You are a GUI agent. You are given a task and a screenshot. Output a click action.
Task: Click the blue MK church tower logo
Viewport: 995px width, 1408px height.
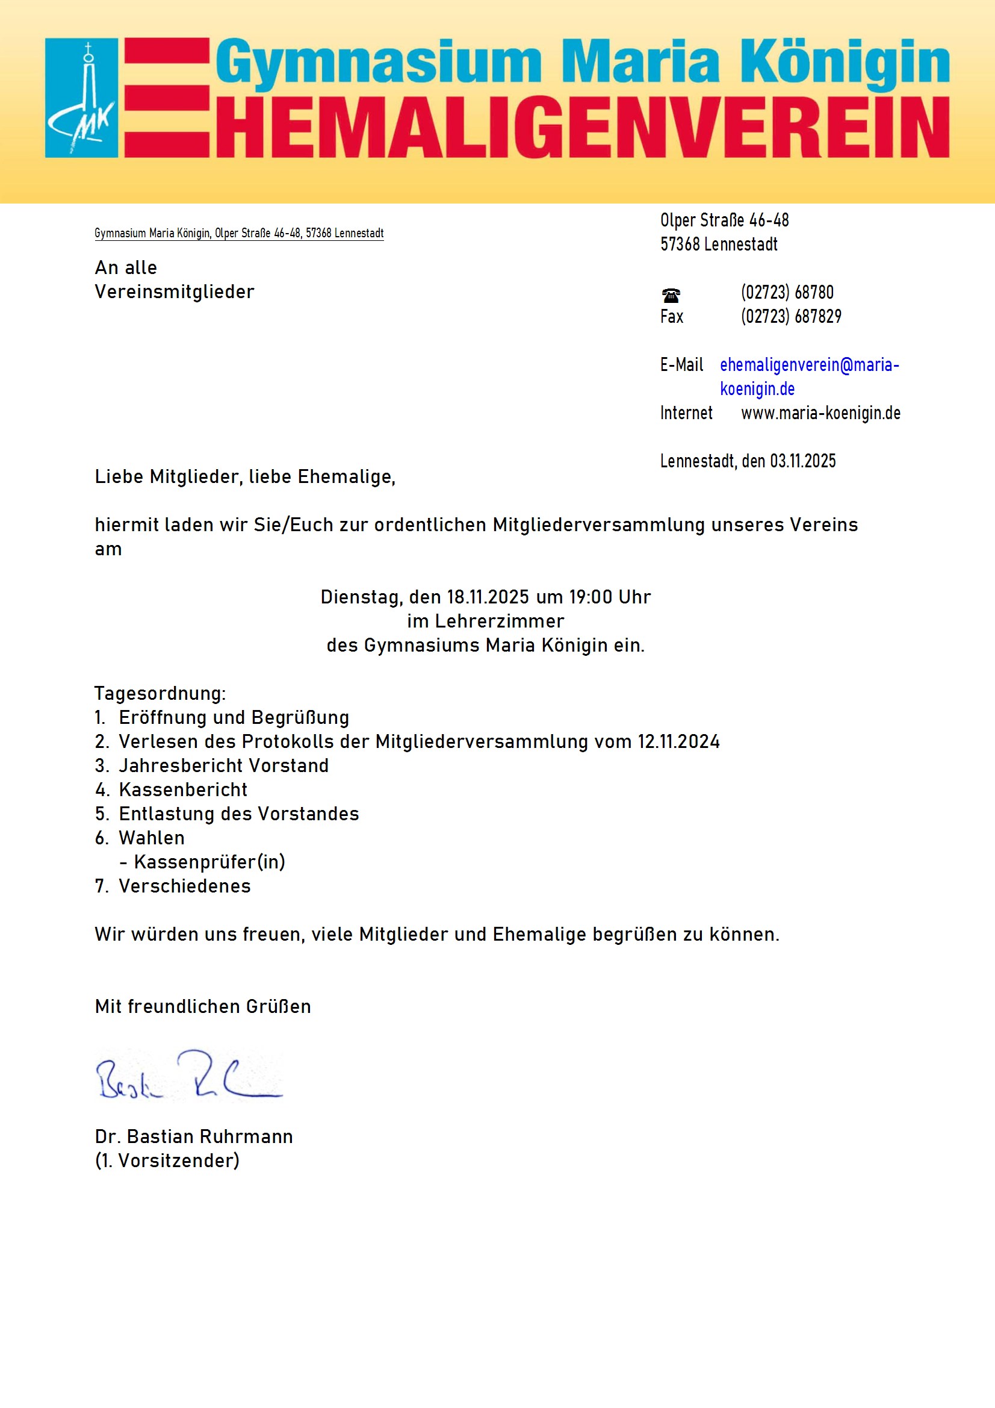click(x=81, y=98)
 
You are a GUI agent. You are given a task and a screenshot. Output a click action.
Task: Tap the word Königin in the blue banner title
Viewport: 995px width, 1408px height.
click(x=845, y=61)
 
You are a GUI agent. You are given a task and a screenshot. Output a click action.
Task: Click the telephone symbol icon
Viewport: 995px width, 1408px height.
click(x=671, y=296)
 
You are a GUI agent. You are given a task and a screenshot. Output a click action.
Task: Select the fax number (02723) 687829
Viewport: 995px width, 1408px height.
click(x=791, y=316)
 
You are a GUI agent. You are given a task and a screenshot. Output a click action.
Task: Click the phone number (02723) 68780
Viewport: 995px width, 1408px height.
click(x=787, y=293)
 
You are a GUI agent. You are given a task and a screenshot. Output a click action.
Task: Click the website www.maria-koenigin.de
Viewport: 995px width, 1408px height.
click(x=820, y=413)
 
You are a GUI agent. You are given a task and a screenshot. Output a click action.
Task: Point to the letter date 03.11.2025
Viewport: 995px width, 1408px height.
click(x=802, y=461)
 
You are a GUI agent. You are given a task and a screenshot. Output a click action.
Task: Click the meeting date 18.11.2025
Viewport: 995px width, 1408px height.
click(x=488, y=597)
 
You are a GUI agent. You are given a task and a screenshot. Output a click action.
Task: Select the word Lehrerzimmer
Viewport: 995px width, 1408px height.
click(x=499, y=621)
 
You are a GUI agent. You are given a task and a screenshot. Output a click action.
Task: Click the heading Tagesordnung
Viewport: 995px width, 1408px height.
click(x=160, y=694)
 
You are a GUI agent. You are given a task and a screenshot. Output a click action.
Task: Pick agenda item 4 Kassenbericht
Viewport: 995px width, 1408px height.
click(x=183, y=790)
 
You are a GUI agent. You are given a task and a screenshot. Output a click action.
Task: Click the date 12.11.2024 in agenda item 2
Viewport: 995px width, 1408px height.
click(x=678, y=741)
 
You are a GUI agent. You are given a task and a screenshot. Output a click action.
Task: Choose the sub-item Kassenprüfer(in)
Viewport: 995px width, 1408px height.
click(x=209, y=862)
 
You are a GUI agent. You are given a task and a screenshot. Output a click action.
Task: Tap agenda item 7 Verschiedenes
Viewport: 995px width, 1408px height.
click(x=185, y=886)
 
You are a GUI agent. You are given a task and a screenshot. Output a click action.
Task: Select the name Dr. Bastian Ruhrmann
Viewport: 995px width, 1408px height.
click(x=194, y=1137)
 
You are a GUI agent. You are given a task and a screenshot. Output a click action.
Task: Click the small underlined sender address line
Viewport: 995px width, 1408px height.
click(x=238, y=233)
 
